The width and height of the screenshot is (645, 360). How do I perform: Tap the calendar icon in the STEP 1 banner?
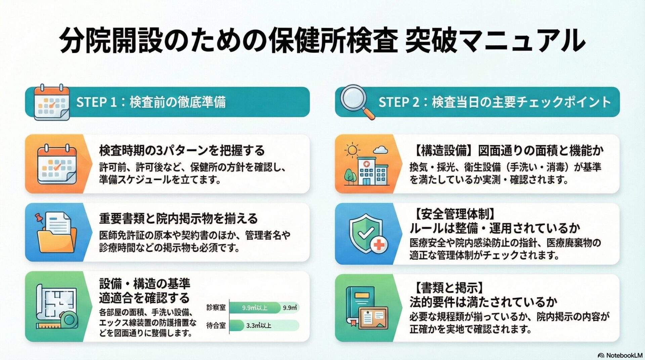click(51, 102)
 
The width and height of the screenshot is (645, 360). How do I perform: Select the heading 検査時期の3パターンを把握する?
click(182, 150)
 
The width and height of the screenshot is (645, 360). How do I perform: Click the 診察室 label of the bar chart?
click(216, 307)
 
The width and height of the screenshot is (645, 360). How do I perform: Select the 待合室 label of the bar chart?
click(216, 325)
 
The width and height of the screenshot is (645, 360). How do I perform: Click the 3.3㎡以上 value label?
click(259, 325)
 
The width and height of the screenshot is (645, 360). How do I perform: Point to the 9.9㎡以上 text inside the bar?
click(255, 308)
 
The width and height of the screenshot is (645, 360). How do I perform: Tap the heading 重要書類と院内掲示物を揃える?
click(178, 219)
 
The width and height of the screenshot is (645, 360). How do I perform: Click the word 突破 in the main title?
click(433, 41)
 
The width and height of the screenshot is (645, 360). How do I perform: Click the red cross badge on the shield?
click(379, 245)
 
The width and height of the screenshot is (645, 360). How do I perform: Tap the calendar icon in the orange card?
click(56, 165)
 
